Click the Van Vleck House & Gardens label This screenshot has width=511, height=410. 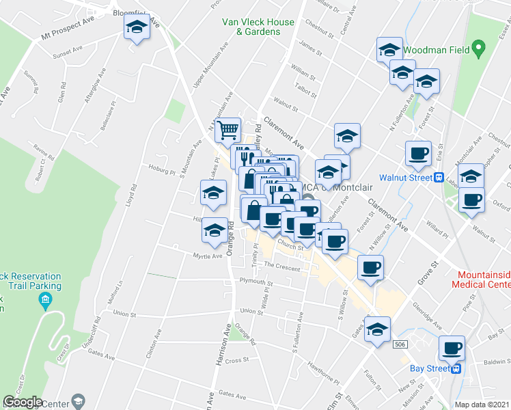(258, 27)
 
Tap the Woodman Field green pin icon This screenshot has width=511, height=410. (479, 49)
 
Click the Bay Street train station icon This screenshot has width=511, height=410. (456, 368)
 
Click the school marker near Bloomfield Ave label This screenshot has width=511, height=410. (137, 28)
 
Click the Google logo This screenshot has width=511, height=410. (23, 402)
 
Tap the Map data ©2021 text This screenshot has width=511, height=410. (482, 405)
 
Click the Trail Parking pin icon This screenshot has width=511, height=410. (45, 299)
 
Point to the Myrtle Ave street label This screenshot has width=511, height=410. (208, 256)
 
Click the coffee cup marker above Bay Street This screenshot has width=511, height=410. (452, 347)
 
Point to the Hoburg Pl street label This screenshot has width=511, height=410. (163, 166)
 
